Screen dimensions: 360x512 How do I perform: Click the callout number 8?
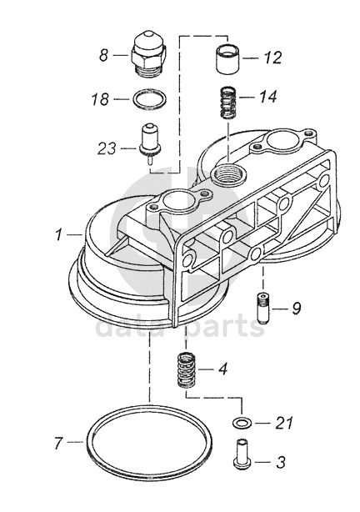click(104, 55)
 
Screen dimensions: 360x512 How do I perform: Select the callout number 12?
click(272, 58)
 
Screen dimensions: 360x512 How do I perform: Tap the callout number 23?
click(107, 148)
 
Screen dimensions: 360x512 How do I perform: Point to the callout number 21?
click(283, 423)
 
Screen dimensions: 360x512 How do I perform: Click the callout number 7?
click(58, 443)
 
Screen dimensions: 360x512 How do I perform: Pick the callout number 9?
click(297, 308)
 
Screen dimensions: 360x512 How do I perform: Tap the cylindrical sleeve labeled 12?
click(227, 58)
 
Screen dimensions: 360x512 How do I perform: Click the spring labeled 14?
click(228, 103)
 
